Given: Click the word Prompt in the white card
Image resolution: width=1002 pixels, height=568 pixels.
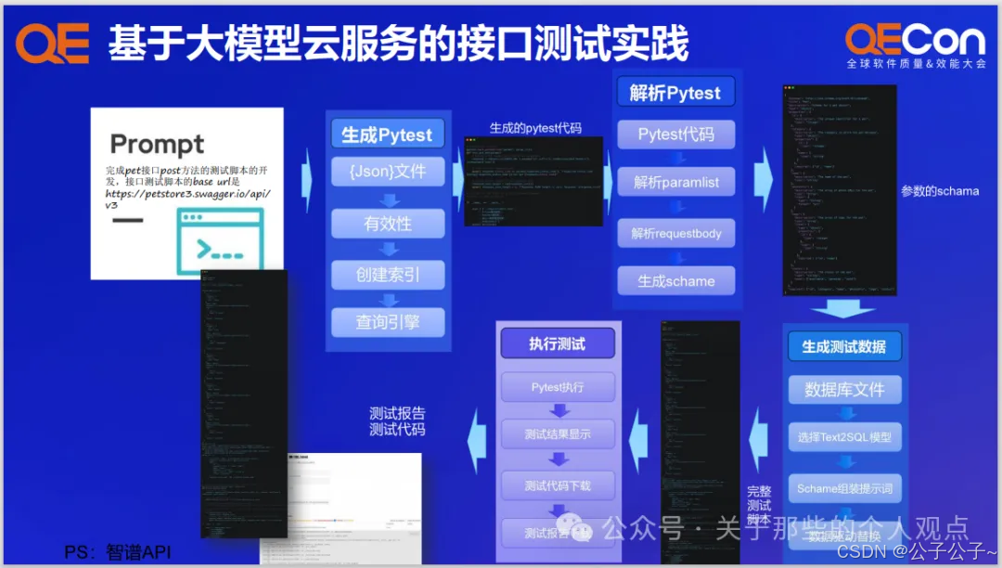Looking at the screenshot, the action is pyautogui.click(x=157, y=145).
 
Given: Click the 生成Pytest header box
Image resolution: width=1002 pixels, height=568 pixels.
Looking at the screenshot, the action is pyautogui.click(x=387, y=135).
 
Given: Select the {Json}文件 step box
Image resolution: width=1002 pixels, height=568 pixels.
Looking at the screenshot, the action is pyautogui.click(x=387, y=171).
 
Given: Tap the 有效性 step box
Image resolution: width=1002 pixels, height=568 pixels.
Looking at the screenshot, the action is pyautogui.click(x=387, y=224).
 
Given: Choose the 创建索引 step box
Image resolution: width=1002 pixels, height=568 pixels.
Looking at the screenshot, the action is pyautogui.click(x=387, y=275).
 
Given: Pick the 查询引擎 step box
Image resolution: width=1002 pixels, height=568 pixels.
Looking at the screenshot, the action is pyautogui.click(x=387, y=322).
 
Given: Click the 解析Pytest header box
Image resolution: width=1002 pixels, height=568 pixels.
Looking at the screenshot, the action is pyautogui.click(x=675, y=92).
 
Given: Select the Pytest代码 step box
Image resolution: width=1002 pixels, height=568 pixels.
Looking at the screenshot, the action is pyautogui.click(x=675, y=135).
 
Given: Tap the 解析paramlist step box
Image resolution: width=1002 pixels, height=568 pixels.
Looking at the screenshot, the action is pyautogui.click(x=675, y=182).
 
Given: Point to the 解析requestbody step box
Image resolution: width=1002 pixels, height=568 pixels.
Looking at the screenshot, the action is pyautogui.click(x=675, y=233).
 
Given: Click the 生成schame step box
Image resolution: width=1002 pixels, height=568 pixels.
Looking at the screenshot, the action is pyautogui.click(x=675, y=280).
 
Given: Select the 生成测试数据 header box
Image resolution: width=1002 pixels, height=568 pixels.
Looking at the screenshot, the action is pyautogui.click(x=843, y=346).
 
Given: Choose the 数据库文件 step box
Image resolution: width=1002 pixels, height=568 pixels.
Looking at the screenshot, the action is pyautogui.click(x=843, y=389).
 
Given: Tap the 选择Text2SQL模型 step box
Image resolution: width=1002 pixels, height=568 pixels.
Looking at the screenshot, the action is pyautogui.click(x=843, y=436).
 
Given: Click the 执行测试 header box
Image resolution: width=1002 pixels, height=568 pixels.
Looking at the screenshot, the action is pyautogui.click(x=557, y=343).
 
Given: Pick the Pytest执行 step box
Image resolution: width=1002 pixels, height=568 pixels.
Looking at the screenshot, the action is pyautogui.click(x=557, y=387).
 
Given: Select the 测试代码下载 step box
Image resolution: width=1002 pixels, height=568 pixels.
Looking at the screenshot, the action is pyautogui.click(x=557, y=485).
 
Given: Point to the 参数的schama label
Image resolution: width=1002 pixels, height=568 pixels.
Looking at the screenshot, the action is pyautogui.click(x=940, y=191).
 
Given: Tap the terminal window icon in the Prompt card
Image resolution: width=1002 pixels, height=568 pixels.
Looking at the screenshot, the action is pyautogui.click(x=219, y=239).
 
